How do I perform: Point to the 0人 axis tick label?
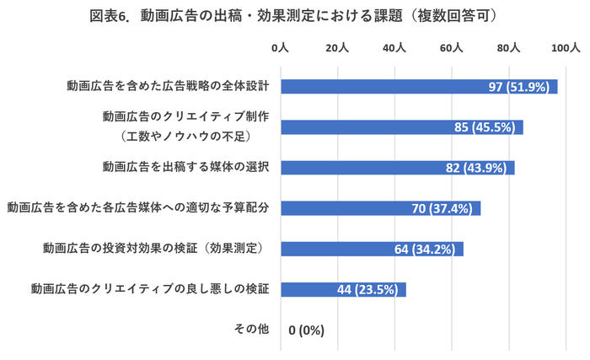tap(280, 49)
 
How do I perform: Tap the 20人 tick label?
tap(337, 49)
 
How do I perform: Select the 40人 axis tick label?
tap(394, 49)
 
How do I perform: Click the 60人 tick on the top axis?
tap(452, 49)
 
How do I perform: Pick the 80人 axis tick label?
tap(509, 49)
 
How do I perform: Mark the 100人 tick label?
tap(564, 49)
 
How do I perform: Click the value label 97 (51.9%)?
tap(519, 87)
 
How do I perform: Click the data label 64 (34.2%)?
tap(424, 249)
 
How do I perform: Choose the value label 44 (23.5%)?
tap(367, 289)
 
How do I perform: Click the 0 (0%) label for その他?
tap(306, 330)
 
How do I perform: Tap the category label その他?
tap(251, 329)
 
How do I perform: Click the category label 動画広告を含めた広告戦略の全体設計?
tap(168, 86)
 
